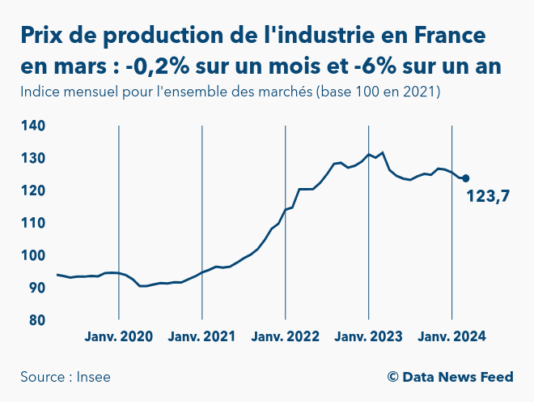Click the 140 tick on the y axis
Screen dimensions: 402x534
(32, 126)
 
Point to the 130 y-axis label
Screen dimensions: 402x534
(32, 159)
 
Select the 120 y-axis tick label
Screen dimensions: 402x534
(32, 191)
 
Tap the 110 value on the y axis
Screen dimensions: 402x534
(32, 224)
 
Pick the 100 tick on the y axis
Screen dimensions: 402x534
(32, 256)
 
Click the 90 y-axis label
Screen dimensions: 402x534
(36, 289)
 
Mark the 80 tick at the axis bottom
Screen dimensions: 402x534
(36, 321)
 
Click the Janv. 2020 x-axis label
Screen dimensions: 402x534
(118, 337)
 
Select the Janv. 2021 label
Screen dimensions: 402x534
(201, 337)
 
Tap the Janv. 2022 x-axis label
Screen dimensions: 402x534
(285, 337)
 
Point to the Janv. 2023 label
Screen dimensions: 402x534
(368, 337)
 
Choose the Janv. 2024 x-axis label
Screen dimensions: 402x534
(451, 337)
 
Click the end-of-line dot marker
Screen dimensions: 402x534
(465, 178)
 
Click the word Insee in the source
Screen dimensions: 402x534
(94, 377)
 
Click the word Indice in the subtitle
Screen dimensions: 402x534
(41, 92)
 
